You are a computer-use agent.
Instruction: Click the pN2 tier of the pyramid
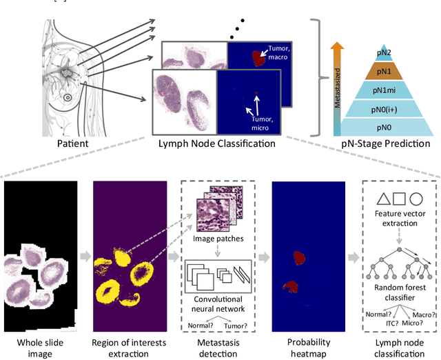click(384, 51)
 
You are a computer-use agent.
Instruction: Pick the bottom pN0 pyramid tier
click(384, 128)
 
